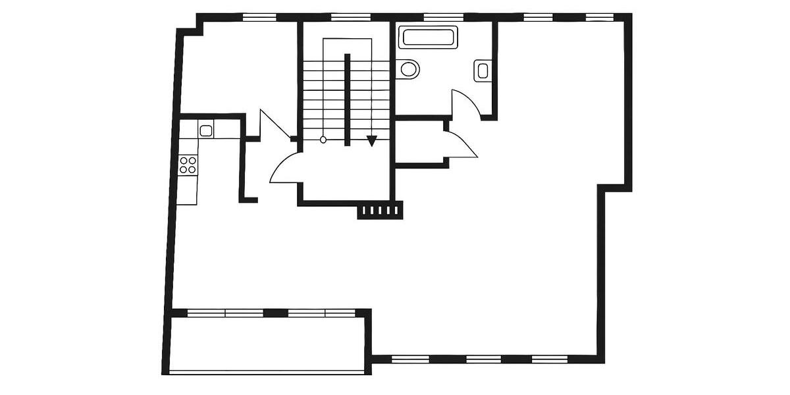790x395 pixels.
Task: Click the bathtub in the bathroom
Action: pyautogui.click(x=429, y=37)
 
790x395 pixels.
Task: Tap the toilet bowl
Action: pyautogui.click(x=408, y=68)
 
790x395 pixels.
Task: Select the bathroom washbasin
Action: pyautogui.click(x=483, y=70)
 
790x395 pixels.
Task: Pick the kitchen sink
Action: pyautogui.click(x=206, y=130)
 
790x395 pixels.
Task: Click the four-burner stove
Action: pyautogui.click(x=188, y=165)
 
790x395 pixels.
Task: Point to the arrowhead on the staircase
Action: pyautogui.click(x=372, y=140)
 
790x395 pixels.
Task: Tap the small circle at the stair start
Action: pyautogui.click(x=323, y=140)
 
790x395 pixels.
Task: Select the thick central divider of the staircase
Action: pyautogui.click(x=347, y=99)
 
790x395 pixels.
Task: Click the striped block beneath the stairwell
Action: pyautogui.click(x=379, y=211)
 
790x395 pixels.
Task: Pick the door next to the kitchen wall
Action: pyautogui.click(x=273, y=125)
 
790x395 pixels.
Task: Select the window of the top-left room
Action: pyautogui.click(x=259, y=17)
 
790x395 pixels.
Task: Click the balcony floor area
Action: pyautogui.click(x=267, y=344)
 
